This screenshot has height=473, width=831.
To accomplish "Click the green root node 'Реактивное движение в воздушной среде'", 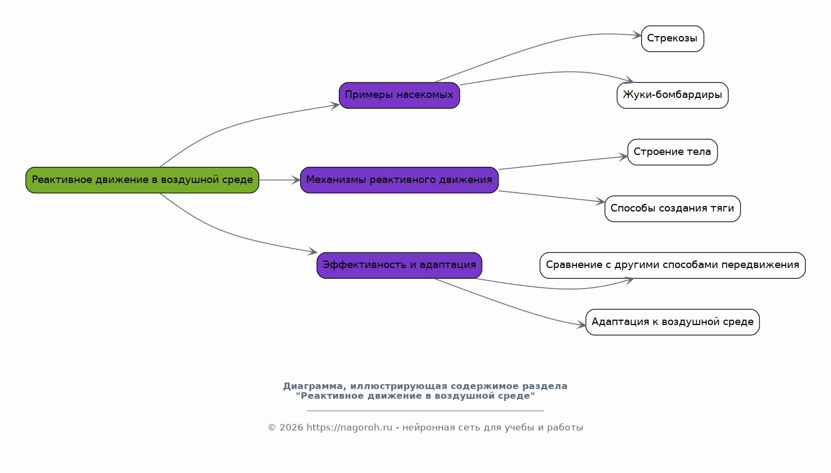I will tap(142, 180).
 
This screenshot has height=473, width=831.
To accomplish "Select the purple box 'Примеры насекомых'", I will tap(399, 95).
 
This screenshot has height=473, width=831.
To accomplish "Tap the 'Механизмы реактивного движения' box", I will tap(399, 180).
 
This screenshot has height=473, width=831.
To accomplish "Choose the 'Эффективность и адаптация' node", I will tap(399, 265).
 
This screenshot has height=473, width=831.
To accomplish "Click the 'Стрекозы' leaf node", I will tap(672, 39).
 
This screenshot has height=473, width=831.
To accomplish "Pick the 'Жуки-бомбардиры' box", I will tap(672, 95).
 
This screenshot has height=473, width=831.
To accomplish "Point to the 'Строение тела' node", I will tap(672, 152).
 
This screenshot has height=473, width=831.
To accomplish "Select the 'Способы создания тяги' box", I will tap(672, 209).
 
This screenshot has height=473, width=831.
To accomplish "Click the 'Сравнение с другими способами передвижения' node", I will tap(672, 265).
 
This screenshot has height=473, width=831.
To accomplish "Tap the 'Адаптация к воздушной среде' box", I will tap(672, 322).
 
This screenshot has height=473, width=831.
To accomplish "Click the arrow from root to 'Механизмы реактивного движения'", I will tap(279, 180).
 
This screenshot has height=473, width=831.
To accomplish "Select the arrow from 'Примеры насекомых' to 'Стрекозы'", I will tap(538, 47).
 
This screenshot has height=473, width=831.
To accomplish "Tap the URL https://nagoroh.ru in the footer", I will tap(349, 428).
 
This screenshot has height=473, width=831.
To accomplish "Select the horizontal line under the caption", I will tap(425, 411).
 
